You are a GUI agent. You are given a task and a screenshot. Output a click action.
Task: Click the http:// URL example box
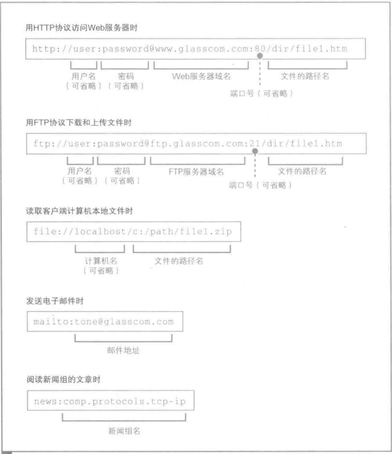tap(195, 49)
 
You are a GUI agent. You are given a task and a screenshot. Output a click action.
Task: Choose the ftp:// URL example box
tap(195, 143)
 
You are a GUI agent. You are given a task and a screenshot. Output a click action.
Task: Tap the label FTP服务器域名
tap(199, 171)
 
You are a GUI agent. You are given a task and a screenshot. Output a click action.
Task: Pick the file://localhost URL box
tap(133, 232)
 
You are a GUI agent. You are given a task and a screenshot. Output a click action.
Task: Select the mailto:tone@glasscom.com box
tap(104, 322)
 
